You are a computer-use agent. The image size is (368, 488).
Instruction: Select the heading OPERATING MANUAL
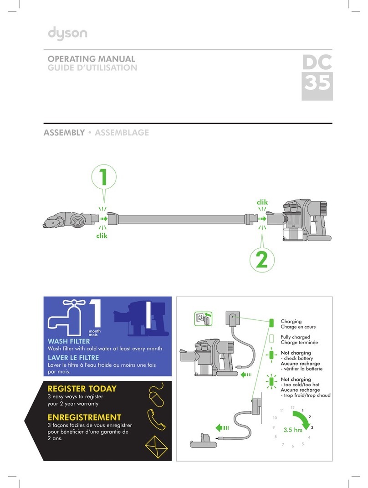[x=92, y=59]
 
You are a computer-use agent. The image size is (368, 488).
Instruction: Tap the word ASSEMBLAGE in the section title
[x=122, y=133]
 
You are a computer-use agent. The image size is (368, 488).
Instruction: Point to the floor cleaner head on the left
[x=69, y=219]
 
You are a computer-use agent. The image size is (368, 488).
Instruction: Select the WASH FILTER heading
[x=69, y=341]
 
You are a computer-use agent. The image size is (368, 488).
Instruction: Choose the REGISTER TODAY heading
[x=82, y=389]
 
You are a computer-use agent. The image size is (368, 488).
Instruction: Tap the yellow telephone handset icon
[x=157, y=419]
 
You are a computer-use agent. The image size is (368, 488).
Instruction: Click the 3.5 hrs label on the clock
[x=293, y=429]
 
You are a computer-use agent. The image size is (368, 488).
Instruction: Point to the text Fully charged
[x=296, y=337]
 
